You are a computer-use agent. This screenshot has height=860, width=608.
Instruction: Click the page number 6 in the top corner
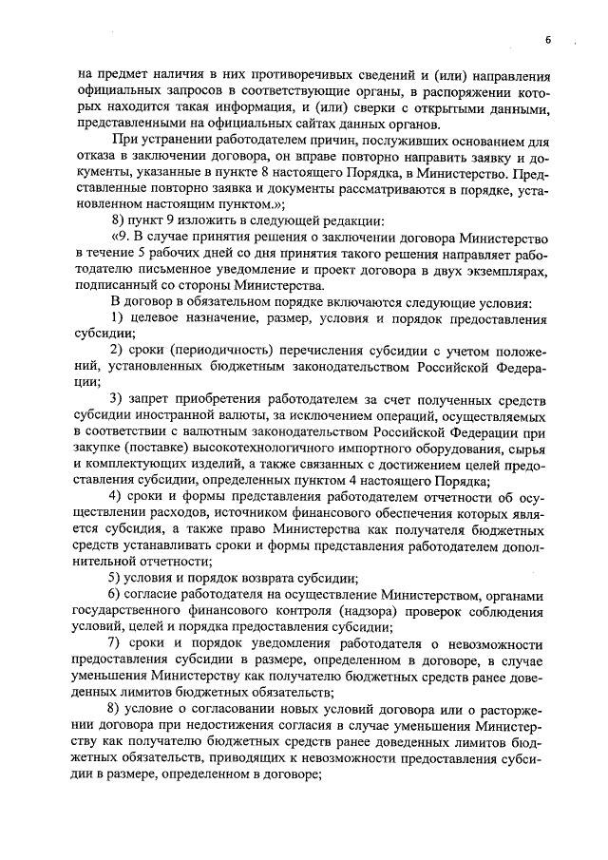[549, 39]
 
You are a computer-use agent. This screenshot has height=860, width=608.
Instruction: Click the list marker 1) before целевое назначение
[119, 316]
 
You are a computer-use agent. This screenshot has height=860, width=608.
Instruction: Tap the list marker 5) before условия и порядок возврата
[119, 577]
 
